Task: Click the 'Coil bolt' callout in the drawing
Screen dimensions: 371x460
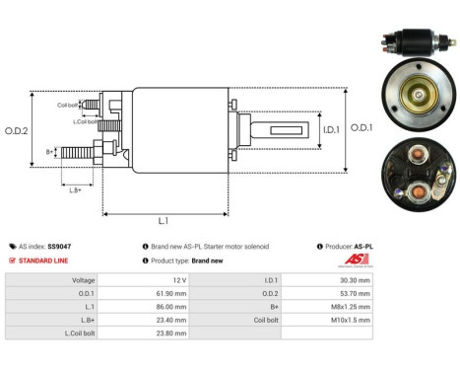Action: click(x=68, y=104)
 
